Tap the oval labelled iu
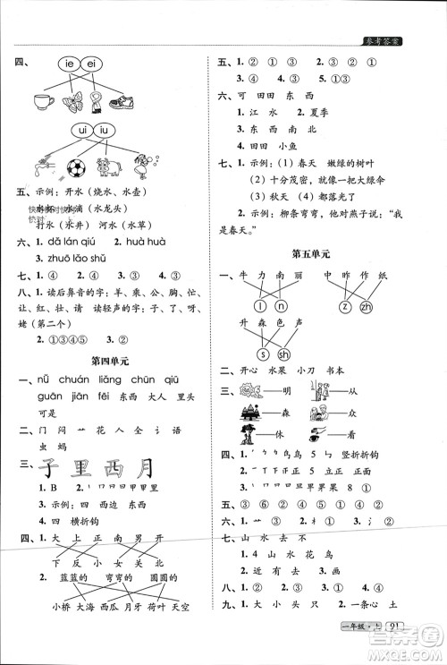tap(107, 132)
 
